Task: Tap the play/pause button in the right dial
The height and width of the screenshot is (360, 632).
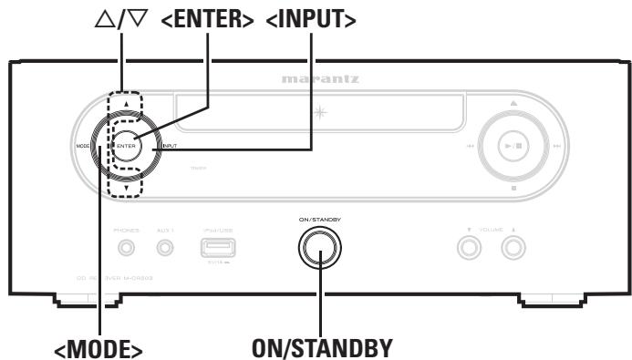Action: click(513, 146)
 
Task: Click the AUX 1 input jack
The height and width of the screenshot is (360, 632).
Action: click(166, 245)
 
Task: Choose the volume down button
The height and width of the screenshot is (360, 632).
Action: click(471, 246)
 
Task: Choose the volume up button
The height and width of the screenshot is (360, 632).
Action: click(513, 246)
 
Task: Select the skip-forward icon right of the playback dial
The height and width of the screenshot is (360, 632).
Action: click(556, 146)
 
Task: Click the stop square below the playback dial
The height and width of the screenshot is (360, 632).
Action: click(513, 189)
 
